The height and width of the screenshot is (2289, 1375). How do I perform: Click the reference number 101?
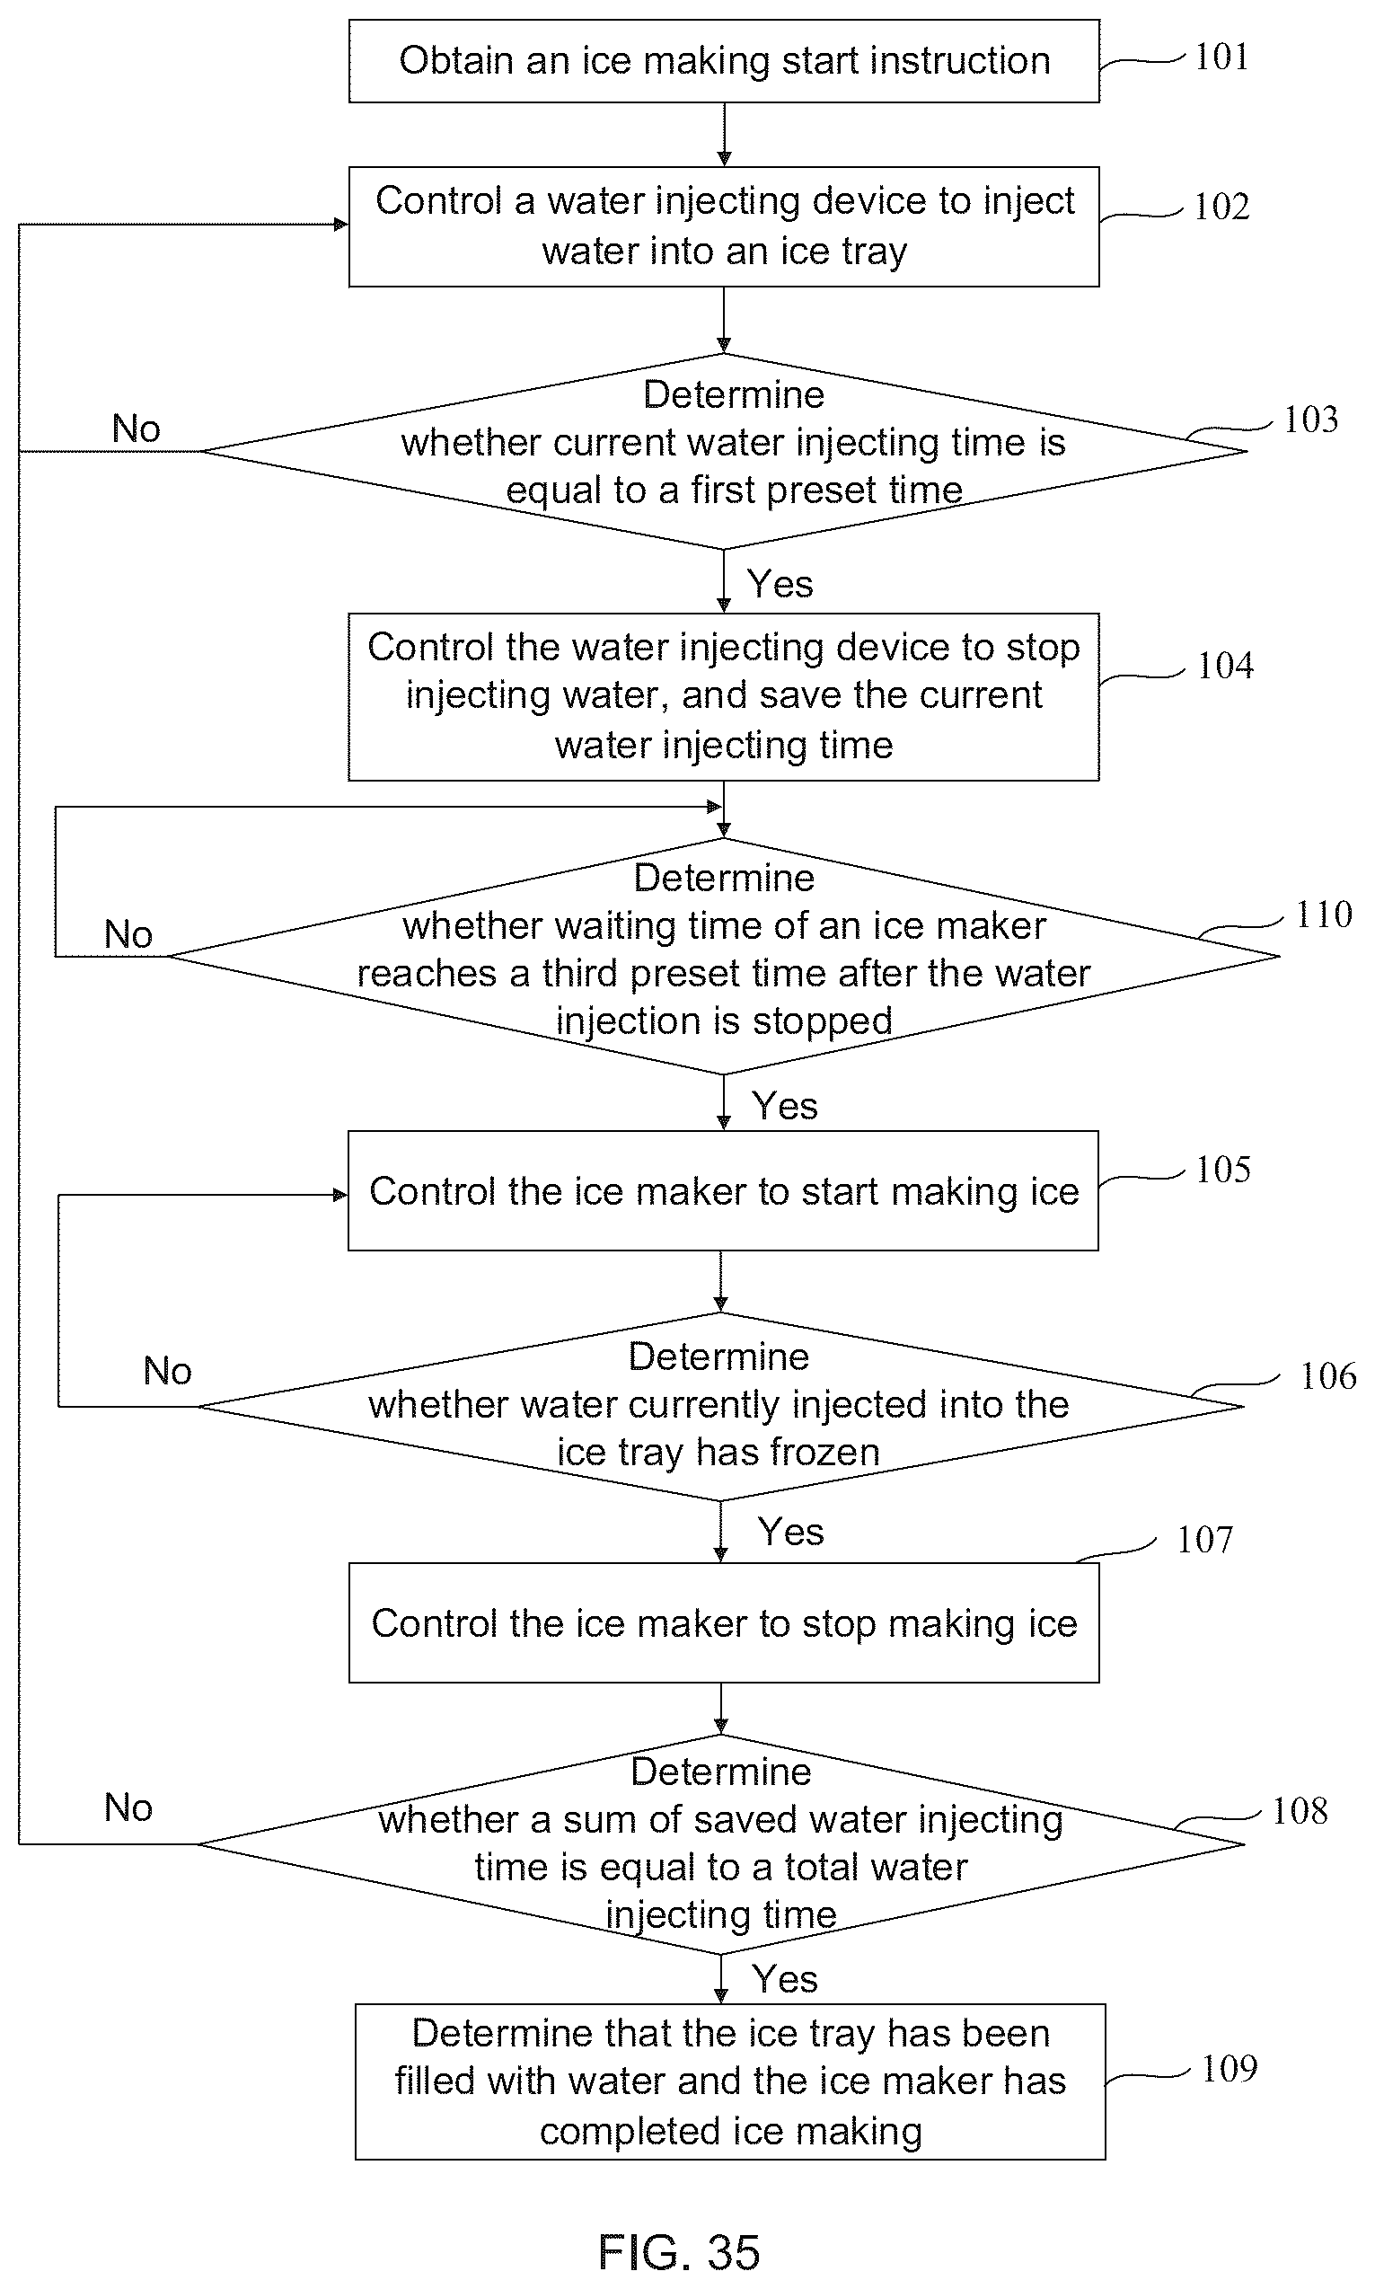coord(1221,57)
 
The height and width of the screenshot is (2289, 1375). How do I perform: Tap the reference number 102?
coord(1221,207)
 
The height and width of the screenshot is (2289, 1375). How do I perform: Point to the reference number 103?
coord(1310,420)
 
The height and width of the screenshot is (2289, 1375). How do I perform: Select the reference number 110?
coord(1323,915)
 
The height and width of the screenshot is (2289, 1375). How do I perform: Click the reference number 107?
coord(1204,1539)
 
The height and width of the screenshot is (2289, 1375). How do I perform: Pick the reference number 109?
coord(1229,2068)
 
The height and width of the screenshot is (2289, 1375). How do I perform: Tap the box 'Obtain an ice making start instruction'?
coord(724,61)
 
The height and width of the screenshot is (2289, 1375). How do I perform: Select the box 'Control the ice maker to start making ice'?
coord(723,1191)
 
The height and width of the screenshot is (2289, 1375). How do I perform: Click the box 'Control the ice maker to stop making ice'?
coord(724,1622)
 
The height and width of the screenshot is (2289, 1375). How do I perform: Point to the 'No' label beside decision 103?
coord(137,429)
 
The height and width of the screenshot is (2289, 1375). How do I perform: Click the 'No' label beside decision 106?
coord(168,1371)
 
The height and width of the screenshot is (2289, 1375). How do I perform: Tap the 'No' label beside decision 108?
coord(128,1808)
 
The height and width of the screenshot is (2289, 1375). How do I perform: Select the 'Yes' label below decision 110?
coord(784,1106)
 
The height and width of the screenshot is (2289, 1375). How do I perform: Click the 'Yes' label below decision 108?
coord(784,1979)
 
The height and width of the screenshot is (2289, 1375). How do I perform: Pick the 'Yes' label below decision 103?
coord(780,584)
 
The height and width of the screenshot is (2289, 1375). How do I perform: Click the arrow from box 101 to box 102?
coord(724,136)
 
